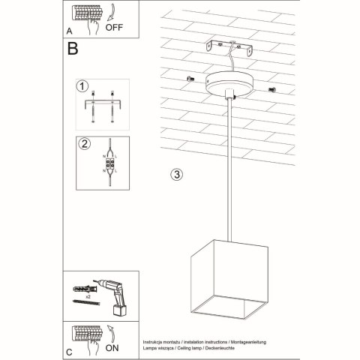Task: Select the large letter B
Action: click(x=73, y=49)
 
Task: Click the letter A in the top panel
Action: click(x=69, y=31)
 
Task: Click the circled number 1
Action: click(x=82, y=86)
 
